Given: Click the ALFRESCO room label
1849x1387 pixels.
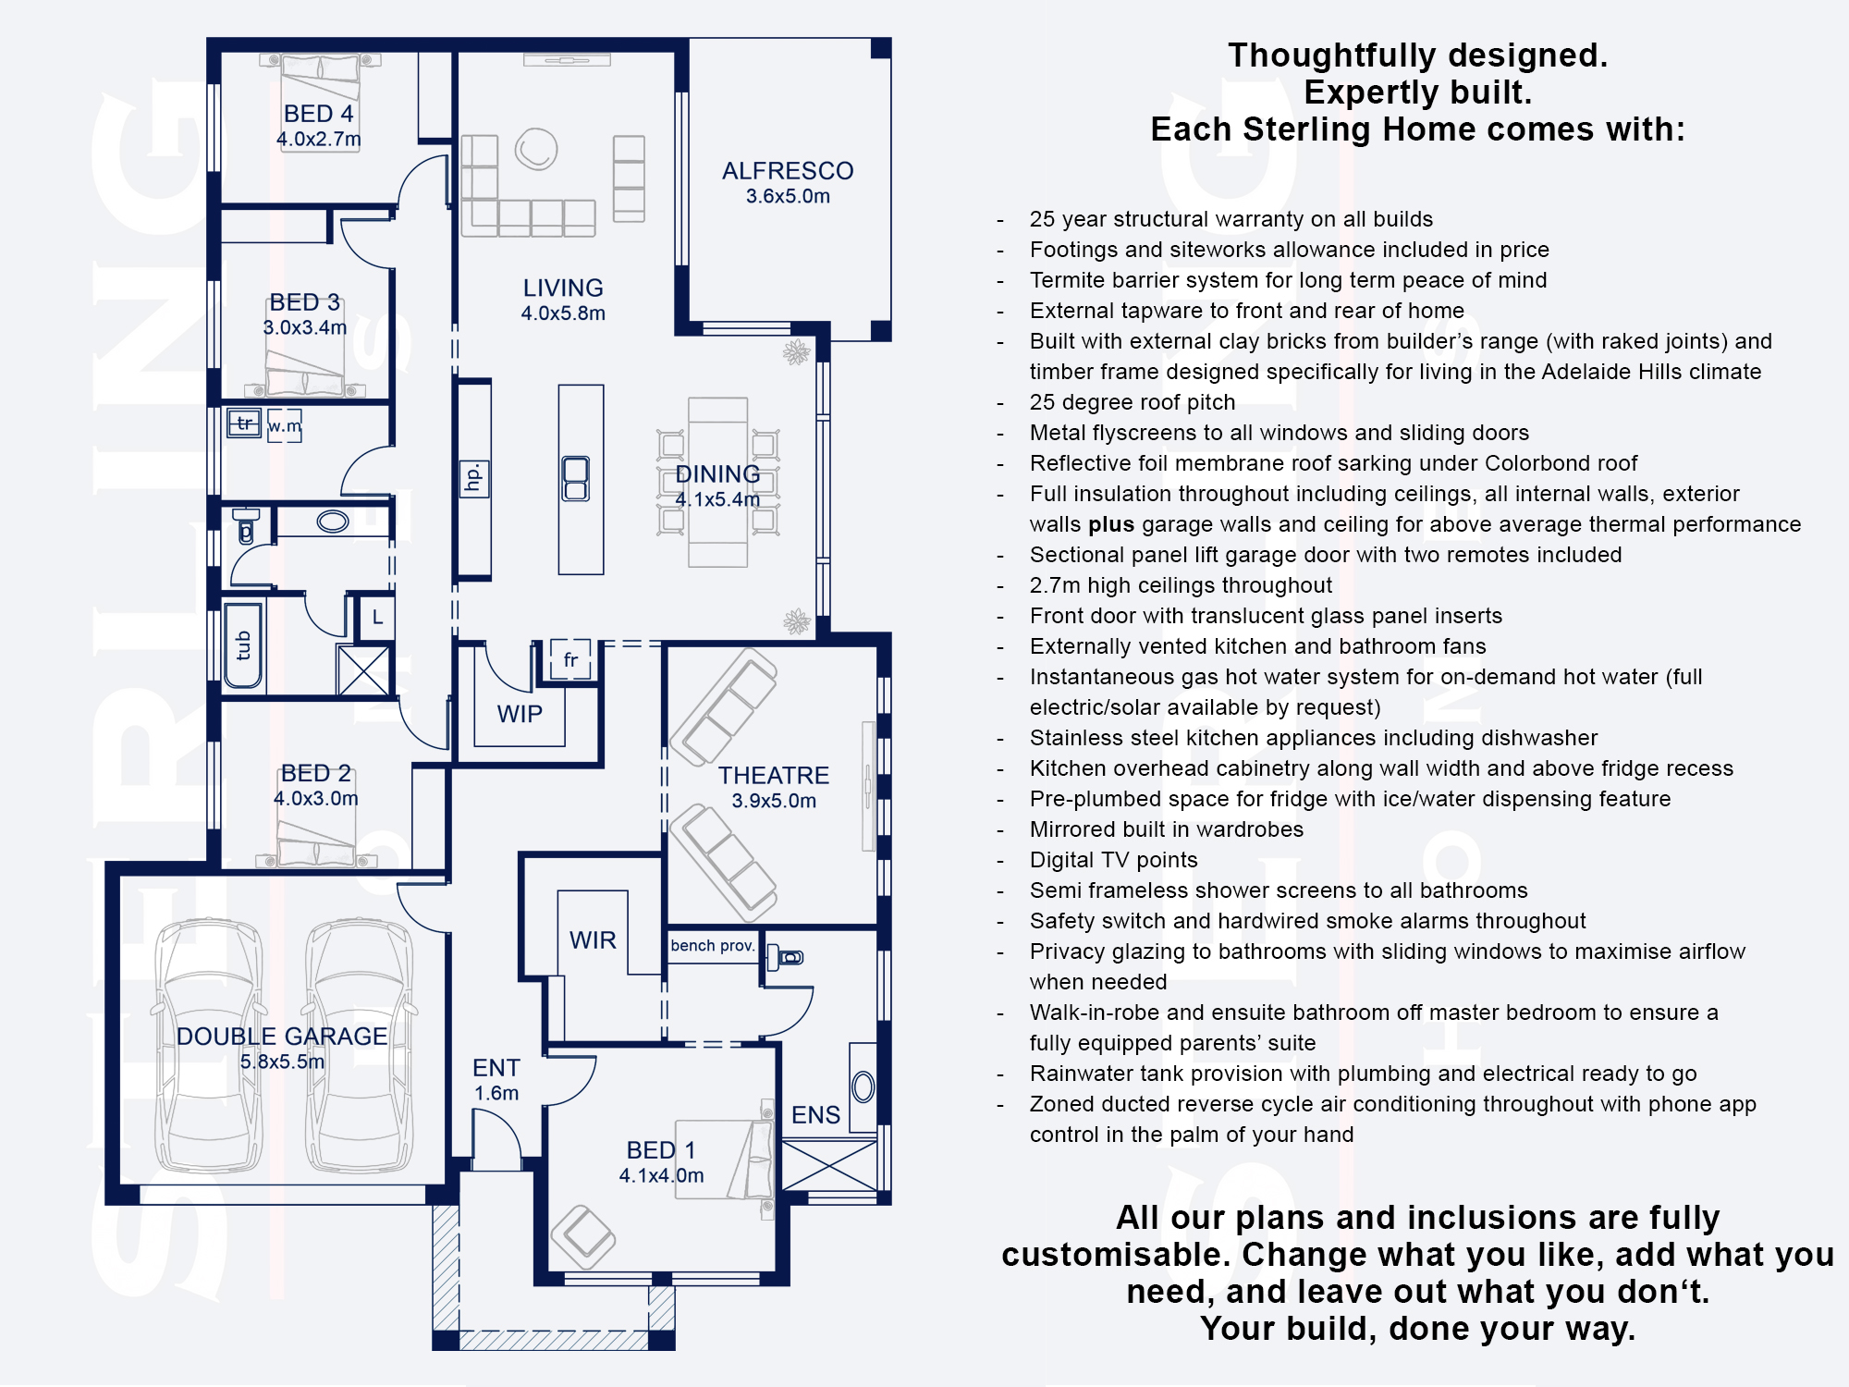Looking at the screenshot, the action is [x=788, y=171].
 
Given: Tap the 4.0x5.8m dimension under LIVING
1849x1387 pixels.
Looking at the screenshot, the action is [x=563, y=313].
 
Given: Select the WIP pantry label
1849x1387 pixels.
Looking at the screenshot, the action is [x=520, y=714].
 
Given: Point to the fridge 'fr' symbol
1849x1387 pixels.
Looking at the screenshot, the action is [x=570, y=659].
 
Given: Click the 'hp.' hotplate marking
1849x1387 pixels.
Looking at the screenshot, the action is [x=474, y=478].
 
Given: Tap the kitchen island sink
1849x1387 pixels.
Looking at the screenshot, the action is [x=576, y=479].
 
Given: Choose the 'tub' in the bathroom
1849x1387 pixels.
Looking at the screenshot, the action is [x=243, y=645].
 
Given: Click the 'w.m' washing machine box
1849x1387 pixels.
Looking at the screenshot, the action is [x=285, y=426].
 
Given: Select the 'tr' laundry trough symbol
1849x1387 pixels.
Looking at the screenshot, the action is [x=245, y=423].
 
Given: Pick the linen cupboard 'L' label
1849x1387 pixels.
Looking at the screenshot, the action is [x=377, y=617].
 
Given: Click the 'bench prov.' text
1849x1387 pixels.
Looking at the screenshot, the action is [x=713, y=946].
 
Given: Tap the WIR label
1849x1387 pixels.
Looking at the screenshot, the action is [x=593, y=940].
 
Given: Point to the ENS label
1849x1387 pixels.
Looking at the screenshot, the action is [x=815, y=1115].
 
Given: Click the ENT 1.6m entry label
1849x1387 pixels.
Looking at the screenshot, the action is [x=496, y=1080].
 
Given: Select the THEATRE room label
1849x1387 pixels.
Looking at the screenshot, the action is [x=774, y=776].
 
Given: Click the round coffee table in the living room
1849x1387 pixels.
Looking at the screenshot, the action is [x=536, y=149].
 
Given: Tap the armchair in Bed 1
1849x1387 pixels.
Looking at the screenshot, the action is [x=583, y=1237].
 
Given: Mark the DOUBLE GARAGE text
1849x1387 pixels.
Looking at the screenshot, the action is [x=282, y=1037].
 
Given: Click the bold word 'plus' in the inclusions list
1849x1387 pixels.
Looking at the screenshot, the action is [x=1111, y=524].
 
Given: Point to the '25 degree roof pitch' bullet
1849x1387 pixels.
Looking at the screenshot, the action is [x=1133, y=402].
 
